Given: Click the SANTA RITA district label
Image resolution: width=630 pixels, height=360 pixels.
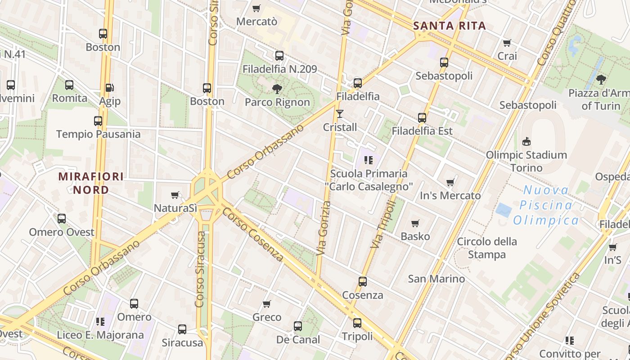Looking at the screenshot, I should tap(450, 26).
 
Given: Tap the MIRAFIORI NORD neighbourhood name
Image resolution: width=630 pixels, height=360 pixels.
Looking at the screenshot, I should tap(91, 183).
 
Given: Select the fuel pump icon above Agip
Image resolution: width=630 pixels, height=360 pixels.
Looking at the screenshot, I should tap(109, 88).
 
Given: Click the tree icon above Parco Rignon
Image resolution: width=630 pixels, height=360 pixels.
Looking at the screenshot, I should tap(277, 89).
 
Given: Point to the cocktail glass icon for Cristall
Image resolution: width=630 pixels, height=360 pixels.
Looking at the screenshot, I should tap(340, 114).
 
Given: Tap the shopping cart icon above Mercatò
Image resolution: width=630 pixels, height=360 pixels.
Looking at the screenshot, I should tap(256, 8).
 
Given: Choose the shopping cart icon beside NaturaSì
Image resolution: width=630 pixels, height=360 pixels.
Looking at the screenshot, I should tap(175, 195).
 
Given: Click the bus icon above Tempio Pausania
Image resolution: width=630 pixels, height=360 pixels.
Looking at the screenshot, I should tap(98, 121).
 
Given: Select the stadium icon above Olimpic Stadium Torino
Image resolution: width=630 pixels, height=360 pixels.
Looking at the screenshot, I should tap(526, 142).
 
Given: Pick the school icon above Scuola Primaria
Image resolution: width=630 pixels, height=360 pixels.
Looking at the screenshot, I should tap(369, 160).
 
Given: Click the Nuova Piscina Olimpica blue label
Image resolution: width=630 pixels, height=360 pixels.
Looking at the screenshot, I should tap(546, 205).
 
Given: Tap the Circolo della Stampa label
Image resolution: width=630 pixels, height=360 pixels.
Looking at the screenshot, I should tap(487, 248).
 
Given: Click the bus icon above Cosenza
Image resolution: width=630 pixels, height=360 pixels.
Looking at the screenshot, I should tap(363, 282).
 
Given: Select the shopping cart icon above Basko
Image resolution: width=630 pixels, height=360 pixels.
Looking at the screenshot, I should tap(415, 223).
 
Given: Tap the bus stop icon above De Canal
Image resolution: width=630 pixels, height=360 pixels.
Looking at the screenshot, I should tap(297, 326).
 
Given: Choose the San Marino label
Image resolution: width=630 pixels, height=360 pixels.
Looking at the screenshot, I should tap(436, 279).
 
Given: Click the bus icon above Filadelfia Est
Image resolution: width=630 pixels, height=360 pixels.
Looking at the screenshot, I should tap(422, 118).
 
